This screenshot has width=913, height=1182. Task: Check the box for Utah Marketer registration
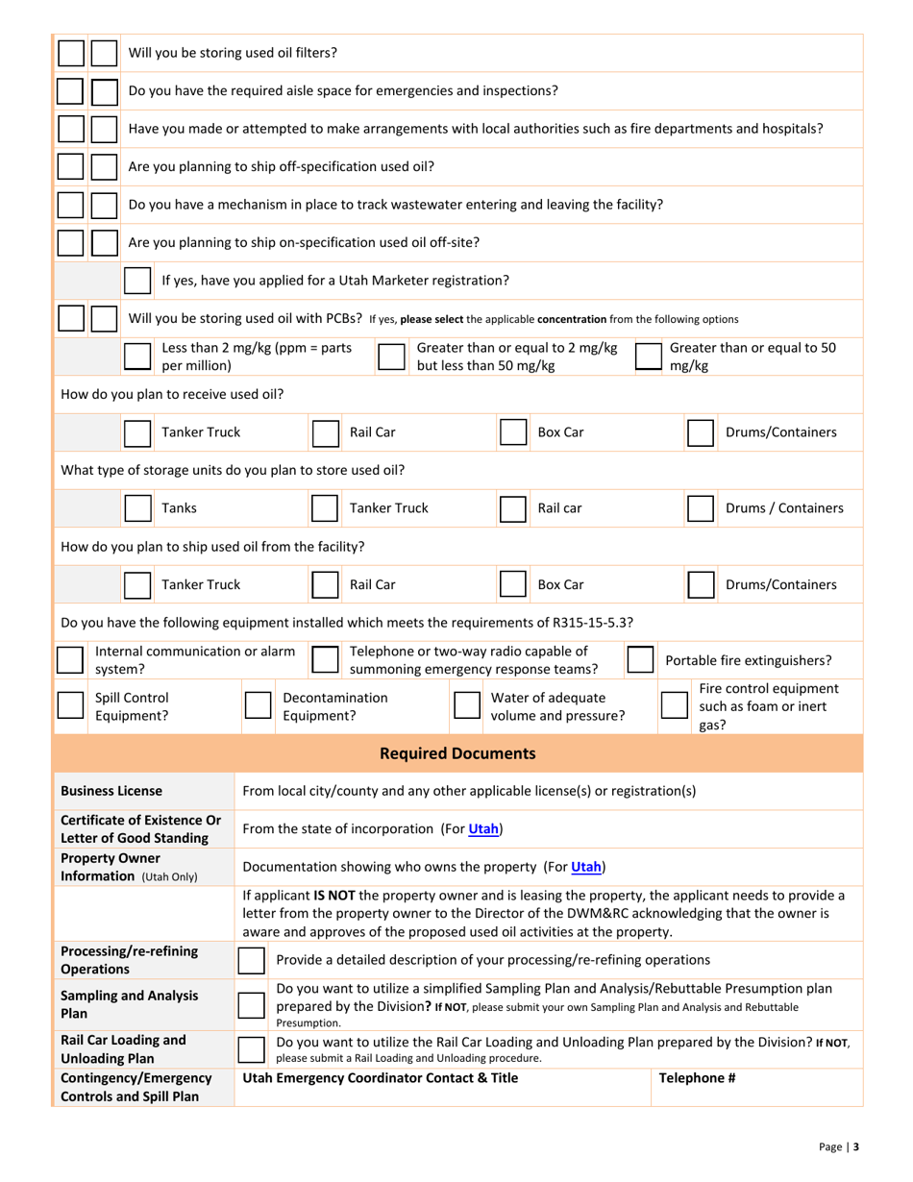(137, 281)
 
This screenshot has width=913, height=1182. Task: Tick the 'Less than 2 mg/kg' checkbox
(137, 357)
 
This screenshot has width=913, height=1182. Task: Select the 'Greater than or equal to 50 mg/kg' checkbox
(650, 357)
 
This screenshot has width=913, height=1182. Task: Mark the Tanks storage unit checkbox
(137, 508)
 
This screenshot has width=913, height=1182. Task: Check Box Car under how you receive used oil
(512, 432)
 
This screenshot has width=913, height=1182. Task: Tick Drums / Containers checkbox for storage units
(700, 508)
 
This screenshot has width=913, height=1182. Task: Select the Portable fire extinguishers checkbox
(640, 660)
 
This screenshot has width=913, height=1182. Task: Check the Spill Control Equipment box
(70, 706)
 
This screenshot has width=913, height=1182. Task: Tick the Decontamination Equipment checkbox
(258, 706)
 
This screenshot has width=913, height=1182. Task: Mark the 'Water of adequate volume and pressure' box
(467, 706)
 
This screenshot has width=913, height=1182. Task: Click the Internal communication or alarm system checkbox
(70, 660)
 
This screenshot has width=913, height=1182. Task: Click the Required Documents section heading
(457, 753)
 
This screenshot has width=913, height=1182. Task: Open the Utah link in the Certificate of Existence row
(483, 828)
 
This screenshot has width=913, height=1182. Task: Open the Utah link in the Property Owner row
(586, 866)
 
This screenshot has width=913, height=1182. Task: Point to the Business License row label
(111, 791)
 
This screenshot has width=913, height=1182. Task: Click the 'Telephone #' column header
(697, 1077)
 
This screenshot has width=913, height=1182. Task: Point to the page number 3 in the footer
(855, 1146)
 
